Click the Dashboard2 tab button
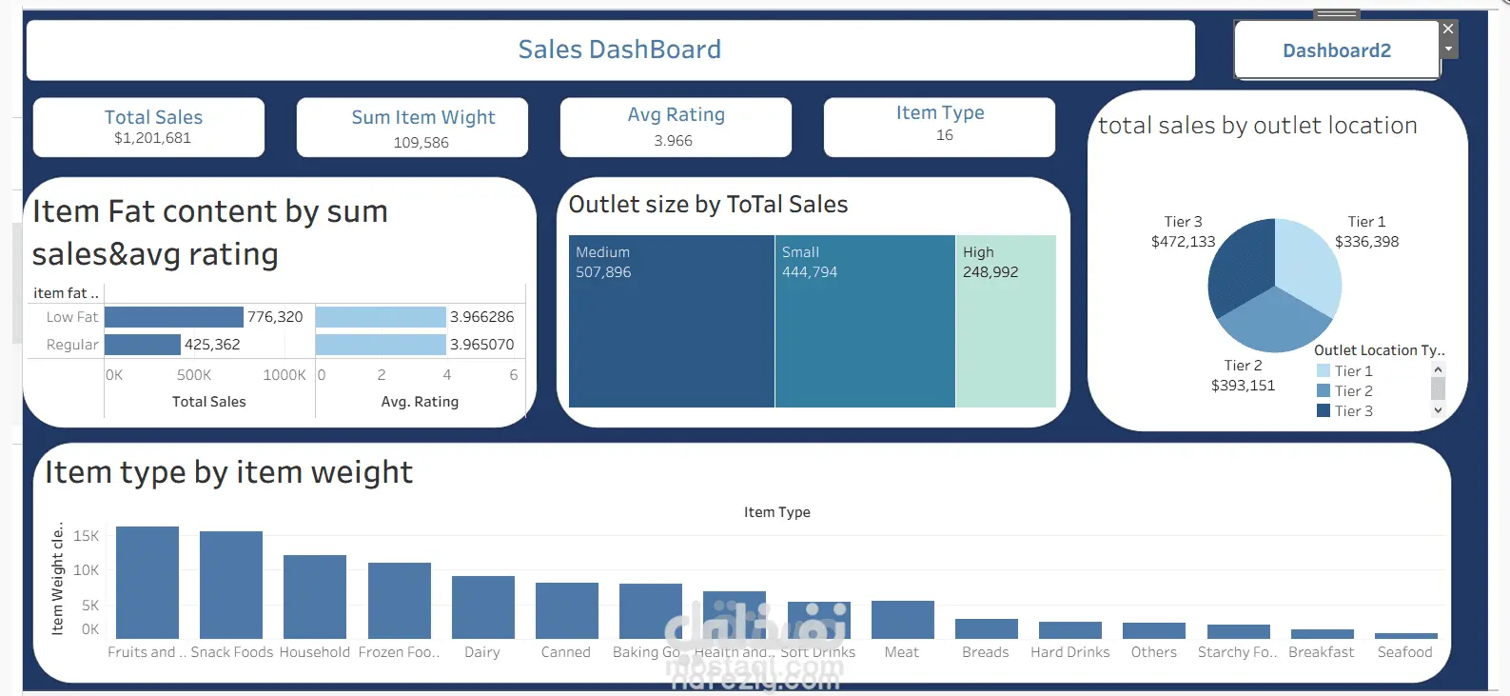1336,50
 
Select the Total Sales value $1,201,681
152,138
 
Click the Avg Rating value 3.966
673,141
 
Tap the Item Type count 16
944,135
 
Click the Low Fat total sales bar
173,317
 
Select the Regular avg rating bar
381,345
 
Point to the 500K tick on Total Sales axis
194,375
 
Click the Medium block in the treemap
671,333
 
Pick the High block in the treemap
1006,333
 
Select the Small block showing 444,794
864,333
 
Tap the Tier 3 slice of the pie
1240,267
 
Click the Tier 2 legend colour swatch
1324,391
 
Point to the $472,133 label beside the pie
1183,242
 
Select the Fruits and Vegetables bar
147,582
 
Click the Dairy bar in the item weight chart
482,607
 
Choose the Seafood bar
1405,635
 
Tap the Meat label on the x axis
901,652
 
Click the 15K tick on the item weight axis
86,536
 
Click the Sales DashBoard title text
619,50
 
